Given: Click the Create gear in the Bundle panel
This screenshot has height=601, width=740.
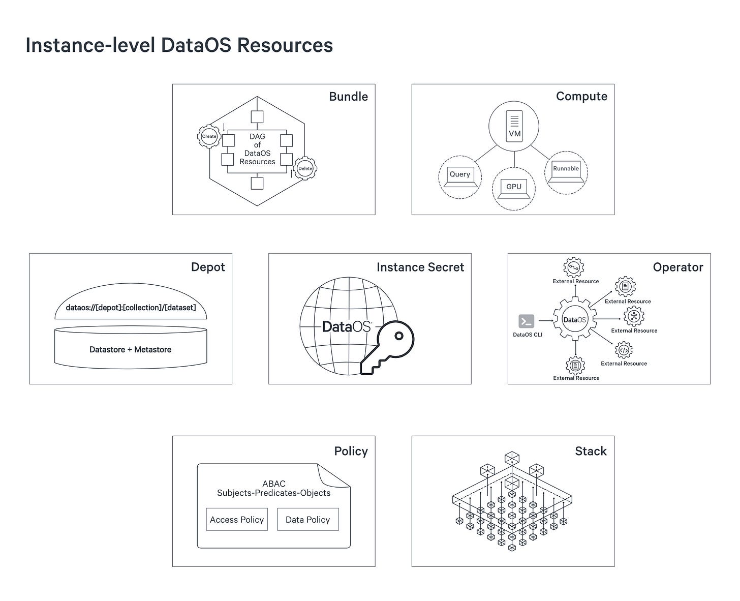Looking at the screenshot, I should (x=209, y=136).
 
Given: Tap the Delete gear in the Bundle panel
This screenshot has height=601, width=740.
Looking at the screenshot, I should (x=305, y=168).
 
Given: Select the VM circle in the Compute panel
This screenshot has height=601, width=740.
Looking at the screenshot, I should (x=514, y=126).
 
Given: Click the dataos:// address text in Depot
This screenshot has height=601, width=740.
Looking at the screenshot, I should (x=131, y=308).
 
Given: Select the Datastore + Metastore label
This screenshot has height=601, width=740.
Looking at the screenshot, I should (x=130, y=349).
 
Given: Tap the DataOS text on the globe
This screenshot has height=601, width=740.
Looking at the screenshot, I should (x=347, y=327).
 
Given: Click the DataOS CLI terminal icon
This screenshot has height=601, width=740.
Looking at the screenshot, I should (x=526, y=321).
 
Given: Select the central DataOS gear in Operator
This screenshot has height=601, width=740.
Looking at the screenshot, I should (x=575, y=320).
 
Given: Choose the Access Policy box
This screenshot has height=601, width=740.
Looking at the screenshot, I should (x=237, y=519).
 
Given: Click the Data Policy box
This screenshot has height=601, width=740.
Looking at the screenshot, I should (x=307, y=519).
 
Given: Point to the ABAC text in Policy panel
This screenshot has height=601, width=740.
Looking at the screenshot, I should (x=273, y=484).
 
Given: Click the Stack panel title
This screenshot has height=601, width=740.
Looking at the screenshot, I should (x=591, y=451).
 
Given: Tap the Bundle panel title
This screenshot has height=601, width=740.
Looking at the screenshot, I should (x=348, y=97).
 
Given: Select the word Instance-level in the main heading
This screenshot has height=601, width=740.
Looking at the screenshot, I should (x=90, y=45).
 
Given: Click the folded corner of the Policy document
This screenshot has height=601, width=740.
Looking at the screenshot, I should (x=333, y=475).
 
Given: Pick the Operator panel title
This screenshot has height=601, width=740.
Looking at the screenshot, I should (x=677, y=267).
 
